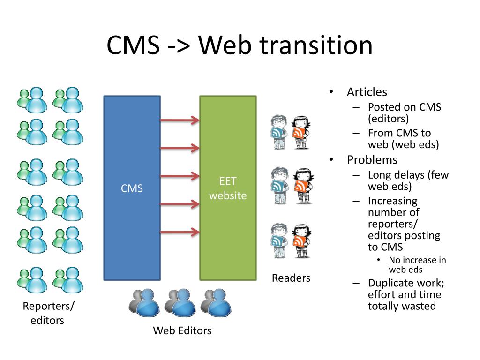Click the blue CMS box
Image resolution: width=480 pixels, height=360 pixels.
pos(132,188)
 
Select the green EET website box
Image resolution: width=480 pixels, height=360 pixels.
pos(228,188)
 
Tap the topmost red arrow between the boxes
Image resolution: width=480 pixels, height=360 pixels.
pos(180,120)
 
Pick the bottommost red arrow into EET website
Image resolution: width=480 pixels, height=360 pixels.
pos(180,232)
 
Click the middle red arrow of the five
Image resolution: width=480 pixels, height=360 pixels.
pos(180,176)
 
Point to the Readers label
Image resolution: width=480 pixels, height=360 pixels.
pos(291,278)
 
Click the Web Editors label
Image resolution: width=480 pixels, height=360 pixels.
pos(182,330)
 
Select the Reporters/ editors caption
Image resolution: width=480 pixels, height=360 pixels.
pos(48,313)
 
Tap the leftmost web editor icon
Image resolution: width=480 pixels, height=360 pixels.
pos(144,302)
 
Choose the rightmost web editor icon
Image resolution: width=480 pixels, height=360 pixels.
pos(216,302)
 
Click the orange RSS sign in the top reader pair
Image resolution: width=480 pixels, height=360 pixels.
pos(299,133)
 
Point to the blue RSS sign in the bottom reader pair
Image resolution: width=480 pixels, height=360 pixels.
pos(277,241)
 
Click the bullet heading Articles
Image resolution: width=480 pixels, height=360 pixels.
pos(367,92)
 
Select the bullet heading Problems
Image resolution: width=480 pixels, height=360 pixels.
pos(372,160)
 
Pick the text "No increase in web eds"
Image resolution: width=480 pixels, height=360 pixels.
pos(417,264)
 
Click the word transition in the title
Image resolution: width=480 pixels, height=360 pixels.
pos(316,45)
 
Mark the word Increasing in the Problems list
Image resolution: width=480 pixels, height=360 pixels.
pos(393,201)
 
